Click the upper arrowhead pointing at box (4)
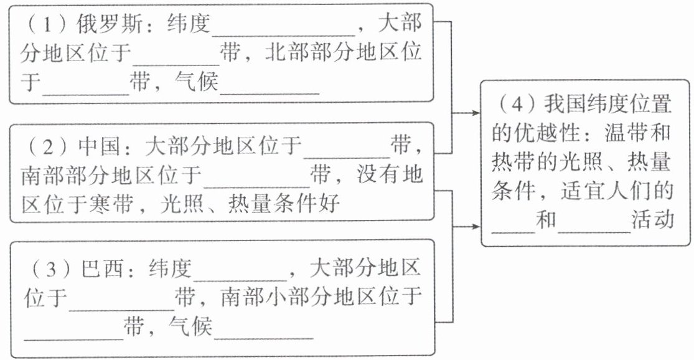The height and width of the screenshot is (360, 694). [x=476, y=113]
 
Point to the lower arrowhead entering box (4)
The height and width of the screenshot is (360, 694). [x=476, y=228]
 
